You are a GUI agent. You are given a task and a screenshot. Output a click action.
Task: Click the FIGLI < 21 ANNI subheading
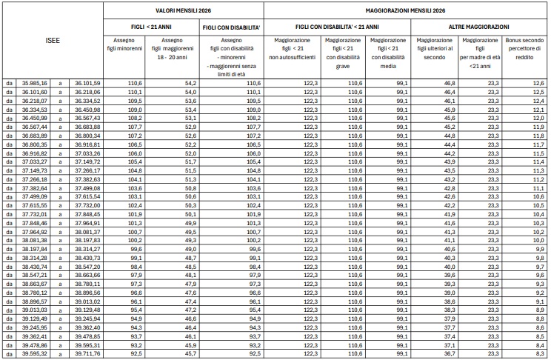150,26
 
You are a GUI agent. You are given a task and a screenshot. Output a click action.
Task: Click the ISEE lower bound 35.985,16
35,83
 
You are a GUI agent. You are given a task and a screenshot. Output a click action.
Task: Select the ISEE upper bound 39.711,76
87,354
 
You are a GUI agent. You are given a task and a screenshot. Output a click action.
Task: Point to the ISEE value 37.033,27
35,161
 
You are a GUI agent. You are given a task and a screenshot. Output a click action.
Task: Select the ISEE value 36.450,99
35,117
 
